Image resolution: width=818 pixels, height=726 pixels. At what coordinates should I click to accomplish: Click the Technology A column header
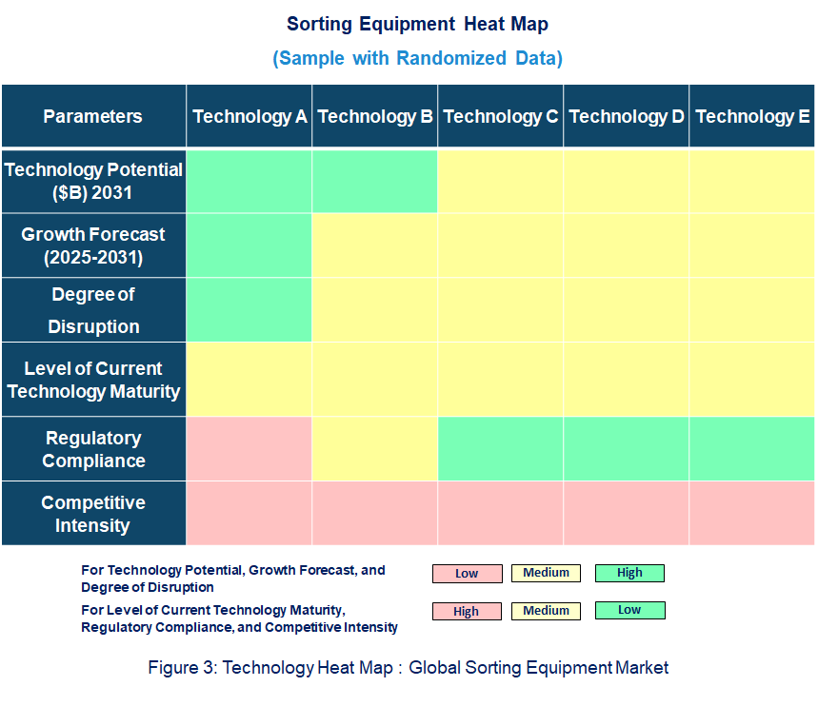[x=249, y=117]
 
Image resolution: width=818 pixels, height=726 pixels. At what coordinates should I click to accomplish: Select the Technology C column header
[x=501, y=117]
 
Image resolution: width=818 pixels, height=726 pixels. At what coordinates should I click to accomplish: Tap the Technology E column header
[x=752, y=117]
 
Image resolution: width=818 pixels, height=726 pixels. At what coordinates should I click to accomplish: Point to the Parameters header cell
[x=92, y=117]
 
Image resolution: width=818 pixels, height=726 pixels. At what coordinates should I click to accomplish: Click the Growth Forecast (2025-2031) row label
[x=92, y=245]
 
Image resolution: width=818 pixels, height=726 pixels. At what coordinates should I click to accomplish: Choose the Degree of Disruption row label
[x=92, y=310]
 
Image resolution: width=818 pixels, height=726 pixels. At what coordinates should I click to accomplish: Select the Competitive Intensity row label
[x=92, y=514]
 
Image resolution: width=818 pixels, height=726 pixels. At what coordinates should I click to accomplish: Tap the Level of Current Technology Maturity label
[x=92, y=380]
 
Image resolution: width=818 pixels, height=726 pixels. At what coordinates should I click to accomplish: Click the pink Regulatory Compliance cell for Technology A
[x=249, y=449]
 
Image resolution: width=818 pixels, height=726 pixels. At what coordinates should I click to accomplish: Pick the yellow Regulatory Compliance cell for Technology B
[x=375, y=449]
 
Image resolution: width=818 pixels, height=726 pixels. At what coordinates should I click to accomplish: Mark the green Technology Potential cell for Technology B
[x=375, y=181]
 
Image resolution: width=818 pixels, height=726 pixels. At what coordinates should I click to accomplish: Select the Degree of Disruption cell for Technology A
[x=249, y=310]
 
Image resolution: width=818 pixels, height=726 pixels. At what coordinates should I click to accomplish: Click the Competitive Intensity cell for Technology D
[x=627, y=514]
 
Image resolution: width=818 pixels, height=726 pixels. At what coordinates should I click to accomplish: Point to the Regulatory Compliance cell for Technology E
[x=752, y=449]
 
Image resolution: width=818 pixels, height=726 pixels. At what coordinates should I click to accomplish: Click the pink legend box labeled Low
[x=467, y=574]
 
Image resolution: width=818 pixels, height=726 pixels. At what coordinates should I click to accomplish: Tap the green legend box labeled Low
[x=629, y=610]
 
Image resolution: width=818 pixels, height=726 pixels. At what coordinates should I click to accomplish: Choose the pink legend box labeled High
[x=467, y=612]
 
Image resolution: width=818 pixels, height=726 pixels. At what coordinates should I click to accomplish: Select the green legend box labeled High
[x=629, y=573]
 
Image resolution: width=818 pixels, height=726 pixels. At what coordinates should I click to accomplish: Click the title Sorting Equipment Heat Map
[x=417, y=24]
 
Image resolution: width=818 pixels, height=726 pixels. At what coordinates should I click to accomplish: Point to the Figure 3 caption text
[x=408, y=668]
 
